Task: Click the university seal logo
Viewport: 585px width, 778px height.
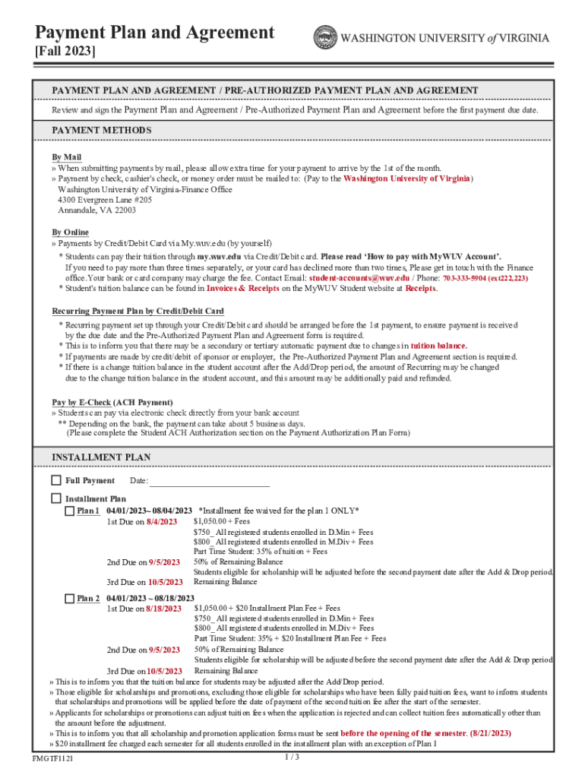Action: [x=326, y=37]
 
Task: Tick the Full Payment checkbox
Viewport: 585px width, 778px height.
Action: [x=56, y=480]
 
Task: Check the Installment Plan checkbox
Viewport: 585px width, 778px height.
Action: [x=56, y=498]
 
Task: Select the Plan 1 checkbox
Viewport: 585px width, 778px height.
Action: [x=69, y=511]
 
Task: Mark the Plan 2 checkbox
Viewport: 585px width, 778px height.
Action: [x=69, y=599]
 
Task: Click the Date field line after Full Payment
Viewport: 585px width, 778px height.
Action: [x=210, y=482]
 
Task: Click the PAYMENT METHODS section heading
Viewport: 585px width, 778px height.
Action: [x=102, y=131]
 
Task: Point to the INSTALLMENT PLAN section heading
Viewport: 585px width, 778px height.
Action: [x=101, y=457]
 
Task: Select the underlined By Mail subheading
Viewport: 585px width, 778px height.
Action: [x=67, y=157]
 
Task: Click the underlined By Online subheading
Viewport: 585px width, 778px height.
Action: [x=70, y=232]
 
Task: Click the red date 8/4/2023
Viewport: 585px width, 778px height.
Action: [x=162, y=522]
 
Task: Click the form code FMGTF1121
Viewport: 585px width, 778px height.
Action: [x=54, y=760]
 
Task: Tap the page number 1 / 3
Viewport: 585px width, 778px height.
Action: [x=292, y=757]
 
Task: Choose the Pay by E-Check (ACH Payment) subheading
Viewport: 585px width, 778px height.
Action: [x=112, y=402]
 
